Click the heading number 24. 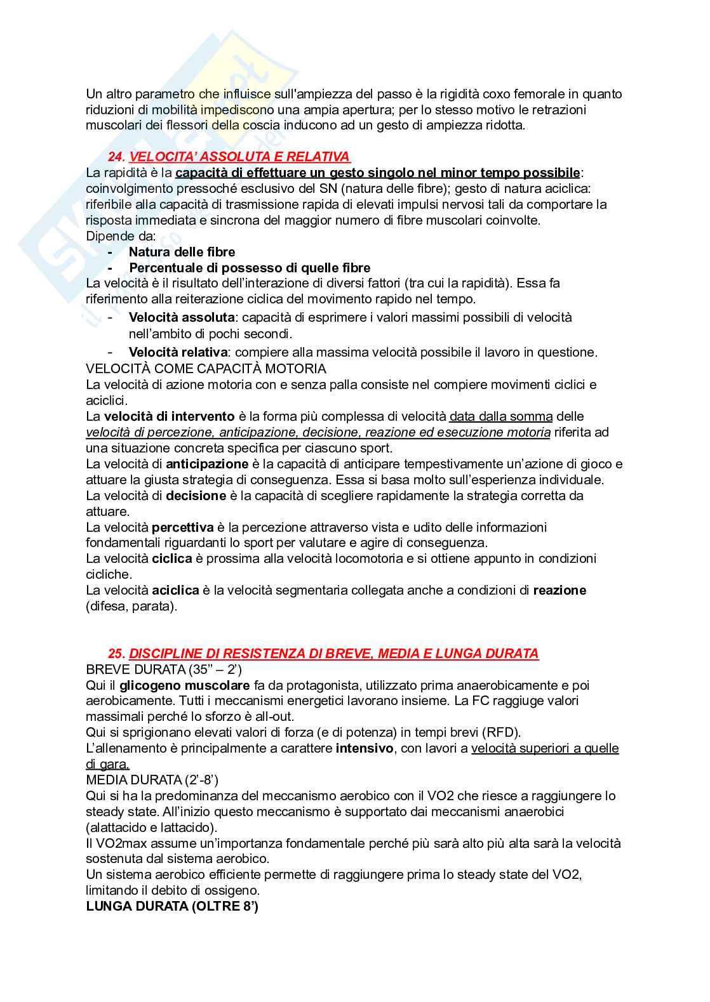[x=116, y=157]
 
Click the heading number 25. [x=116, y=653]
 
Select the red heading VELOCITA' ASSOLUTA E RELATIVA [x=239, y=157]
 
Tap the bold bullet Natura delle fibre [x=182, y=252]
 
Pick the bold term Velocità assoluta [x=182, y=317]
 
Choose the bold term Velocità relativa [x=178, y=352]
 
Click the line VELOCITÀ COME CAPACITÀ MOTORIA [x=206, y=369]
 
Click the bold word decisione [x=196, y=496]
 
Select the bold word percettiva [x=183, y=527]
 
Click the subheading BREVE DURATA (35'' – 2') [x=164, y=669]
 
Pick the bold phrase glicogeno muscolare [x=185, y=685]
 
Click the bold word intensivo [x=365, y=748]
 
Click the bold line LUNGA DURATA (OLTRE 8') [x=172, y=906]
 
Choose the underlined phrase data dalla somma [x=501, y=416]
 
